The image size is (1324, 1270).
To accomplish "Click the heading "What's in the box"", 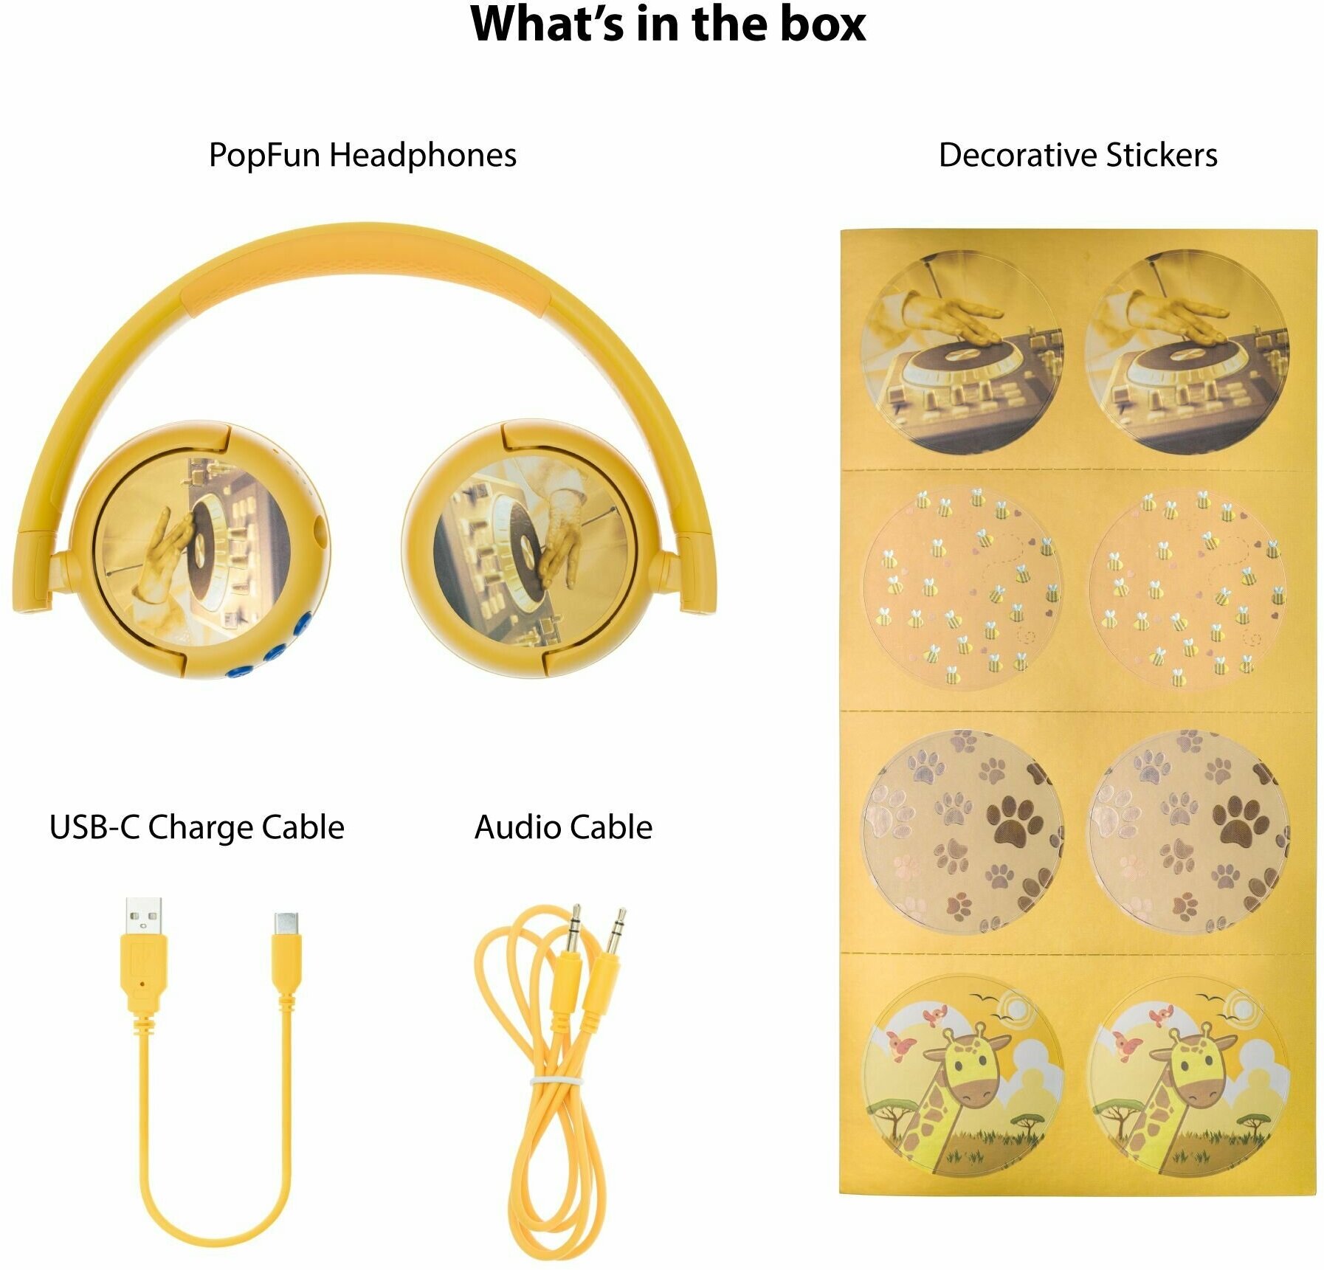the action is point(667,25).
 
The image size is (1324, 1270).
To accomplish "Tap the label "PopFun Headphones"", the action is point(362,156).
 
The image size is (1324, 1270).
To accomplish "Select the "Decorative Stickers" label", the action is point(1078,156).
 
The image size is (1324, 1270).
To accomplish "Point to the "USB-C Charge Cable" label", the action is point(196,827).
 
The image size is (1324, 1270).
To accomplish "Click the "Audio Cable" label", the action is point(563,827).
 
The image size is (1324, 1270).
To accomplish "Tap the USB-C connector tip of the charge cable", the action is point(286,923).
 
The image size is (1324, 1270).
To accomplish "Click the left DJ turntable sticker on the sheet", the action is point(963,352).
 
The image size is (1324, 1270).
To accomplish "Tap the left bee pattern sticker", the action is point(963,587).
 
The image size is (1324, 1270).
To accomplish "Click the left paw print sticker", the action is point(963,830).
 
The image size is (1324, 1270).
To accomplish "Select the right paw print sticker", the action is point(1188,830).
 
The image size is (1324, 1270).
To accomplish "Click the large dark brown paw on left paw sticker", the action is point(1015,820).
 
